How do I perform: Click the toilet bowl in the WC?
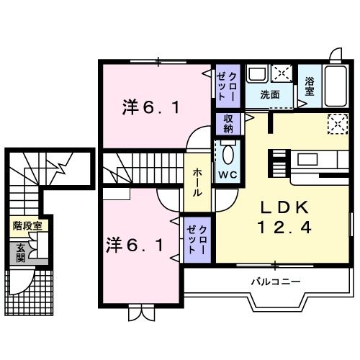(x=228, y=153)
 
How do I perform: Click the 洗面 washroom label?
(x=270, y=94)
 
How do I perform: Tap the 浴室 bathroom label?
(x=310, y=87)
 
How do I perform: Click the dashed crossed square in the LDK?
(x=337, y=124)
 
